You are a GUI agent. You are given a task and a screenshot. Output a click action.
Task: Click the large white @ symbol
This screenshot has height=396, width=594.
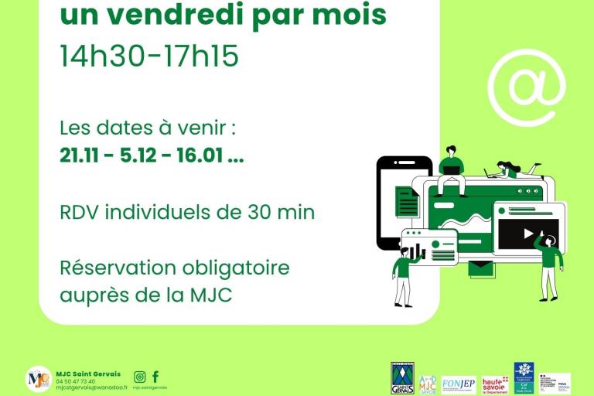tap(527, 87)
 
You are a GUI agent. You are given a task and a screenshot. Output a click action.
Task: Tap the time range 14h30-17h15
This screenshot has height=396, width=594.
tap(149, 56)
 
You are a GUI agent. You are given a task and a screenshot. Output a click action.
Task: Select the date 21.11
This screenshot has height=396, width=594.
tap(79, 155)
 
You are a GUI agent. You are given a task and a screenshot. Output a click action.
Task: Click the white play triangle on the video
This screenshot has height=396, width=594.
tap(528, 233)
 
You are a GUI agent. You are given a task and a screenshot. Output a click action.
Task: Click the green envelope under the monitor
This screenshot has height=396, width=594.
tap(480, 269)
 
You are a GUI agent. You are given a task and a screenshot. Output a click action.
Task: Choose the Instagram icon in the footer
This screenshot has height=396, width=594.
tap(140, 377)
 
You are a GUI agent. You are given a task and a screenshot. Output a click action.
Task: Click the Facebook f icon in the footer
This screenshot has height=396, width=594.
tap(155, 377)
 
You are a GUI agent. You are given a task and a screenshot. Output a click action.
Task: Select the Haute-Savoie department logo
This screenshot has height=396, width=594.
tap(494, 384)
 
